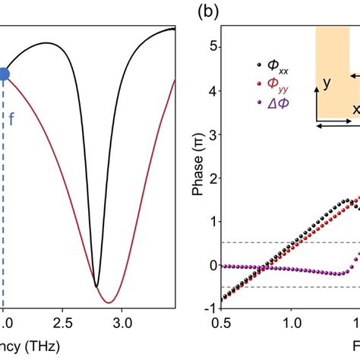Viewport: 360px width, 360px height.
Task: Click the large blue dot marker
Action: click(x=3, y=74)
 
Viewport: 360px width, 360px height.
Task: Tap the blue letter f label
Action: click(x=11, y=118)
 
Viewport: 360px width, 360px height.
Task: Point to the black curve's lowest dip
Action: click(x=96, y=286)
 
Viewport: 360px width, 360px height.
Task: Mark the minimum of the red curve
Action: click(x=109, y=302)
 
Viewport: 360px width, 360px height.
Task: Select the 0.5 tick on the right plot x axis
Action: click(x=223, y=322)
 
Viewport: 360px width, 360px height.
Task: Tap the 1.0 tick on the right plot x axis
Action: click(x=292, y=322)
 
